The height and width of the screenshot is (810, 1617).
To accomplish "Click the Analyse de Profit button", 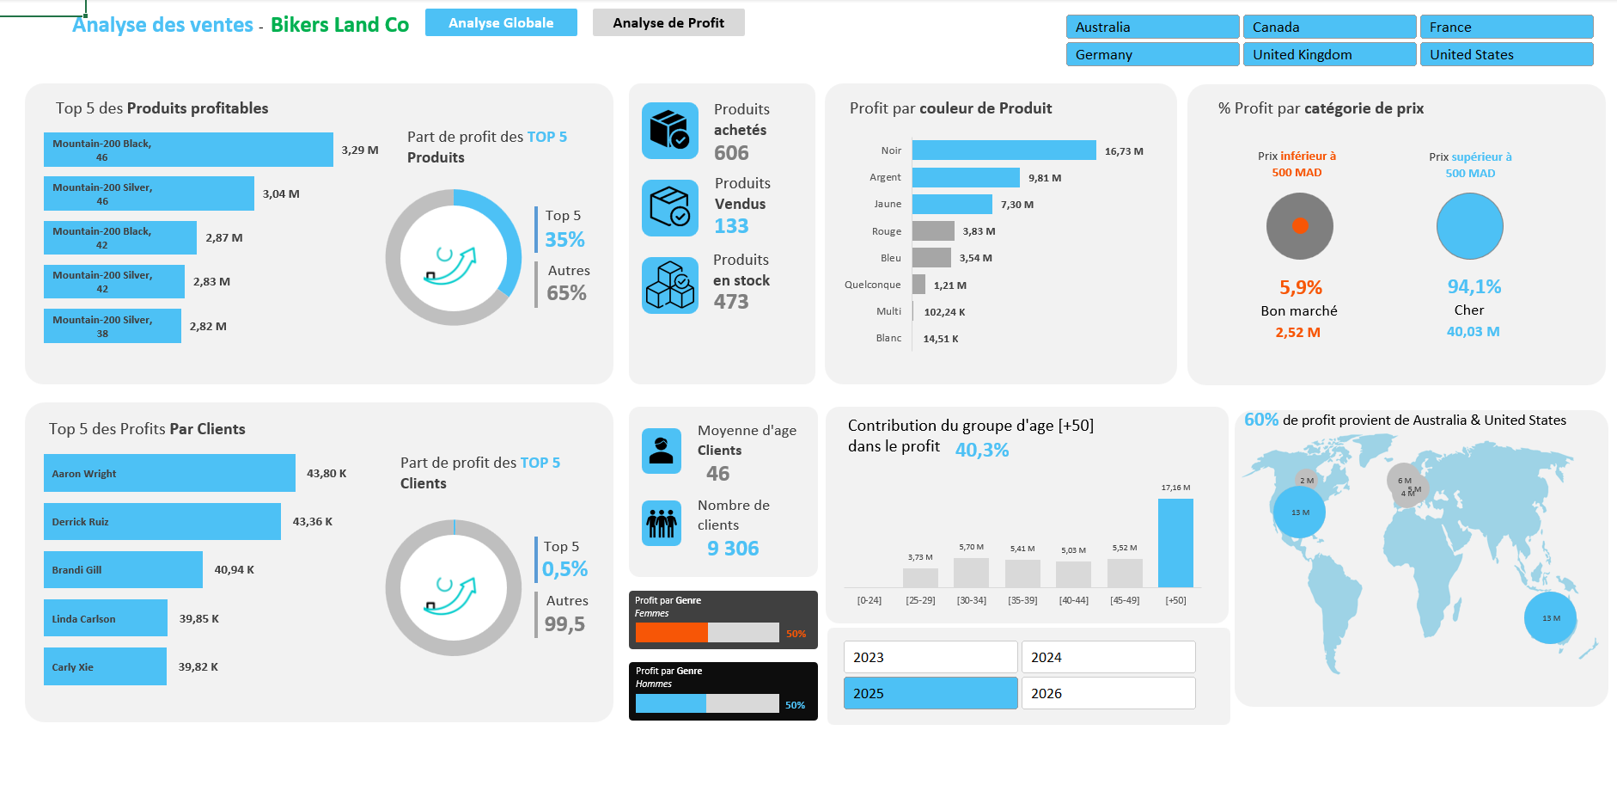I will (668, 23).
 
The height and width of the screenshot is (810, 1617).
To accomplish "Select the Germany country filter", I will (1152, 55).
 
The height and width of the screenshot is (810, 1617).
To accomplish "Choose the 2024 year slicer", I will (1107, 657).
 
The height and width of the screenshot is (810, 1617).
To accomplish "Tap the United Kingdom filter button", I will (1328, 55).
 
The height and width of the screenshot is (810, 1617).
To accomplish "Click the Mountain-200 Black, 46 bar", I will (188, 150).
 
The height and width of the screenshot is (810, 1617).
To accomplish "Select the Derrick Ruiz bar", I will (162, 522).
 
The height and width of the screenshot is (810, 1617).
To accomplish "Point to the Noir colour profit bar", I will (1004, 150).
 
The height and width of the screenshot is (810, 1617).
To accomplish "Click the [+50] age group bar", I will (1175, 543).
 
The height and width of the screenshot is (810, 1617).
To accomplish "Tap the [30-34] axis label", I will (971, 600).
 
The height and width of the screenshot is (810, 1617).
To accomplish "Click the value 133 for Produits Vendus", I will (731, 226).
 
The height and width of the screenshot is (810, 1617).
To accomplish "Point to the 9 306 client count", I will (733, 549).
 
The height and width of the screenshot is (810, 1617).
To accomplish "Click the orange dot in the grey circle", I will (1300, 226).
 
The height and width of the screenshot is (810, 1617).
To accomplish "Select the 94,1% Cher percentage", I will (1474, 287).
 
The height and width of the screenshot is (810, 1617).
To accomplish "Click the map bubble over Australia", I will (1550, 617).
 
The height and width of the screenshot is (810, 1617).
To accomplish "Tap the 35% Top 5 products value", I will (564, 240).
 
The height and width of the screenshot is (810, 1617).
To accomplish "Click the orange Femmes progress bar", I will (671, 633).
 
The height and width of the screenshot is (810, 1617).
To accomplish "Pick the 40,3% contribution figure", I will (982, 450).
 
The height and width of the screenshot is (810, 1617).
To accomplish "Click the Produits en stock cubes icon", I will (670, 285).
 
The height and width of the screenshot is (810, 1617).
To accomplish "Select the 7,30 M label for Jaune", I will (1016, 205).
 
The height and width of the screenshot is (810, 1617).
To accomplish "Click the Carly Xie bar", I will (105, 667).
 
